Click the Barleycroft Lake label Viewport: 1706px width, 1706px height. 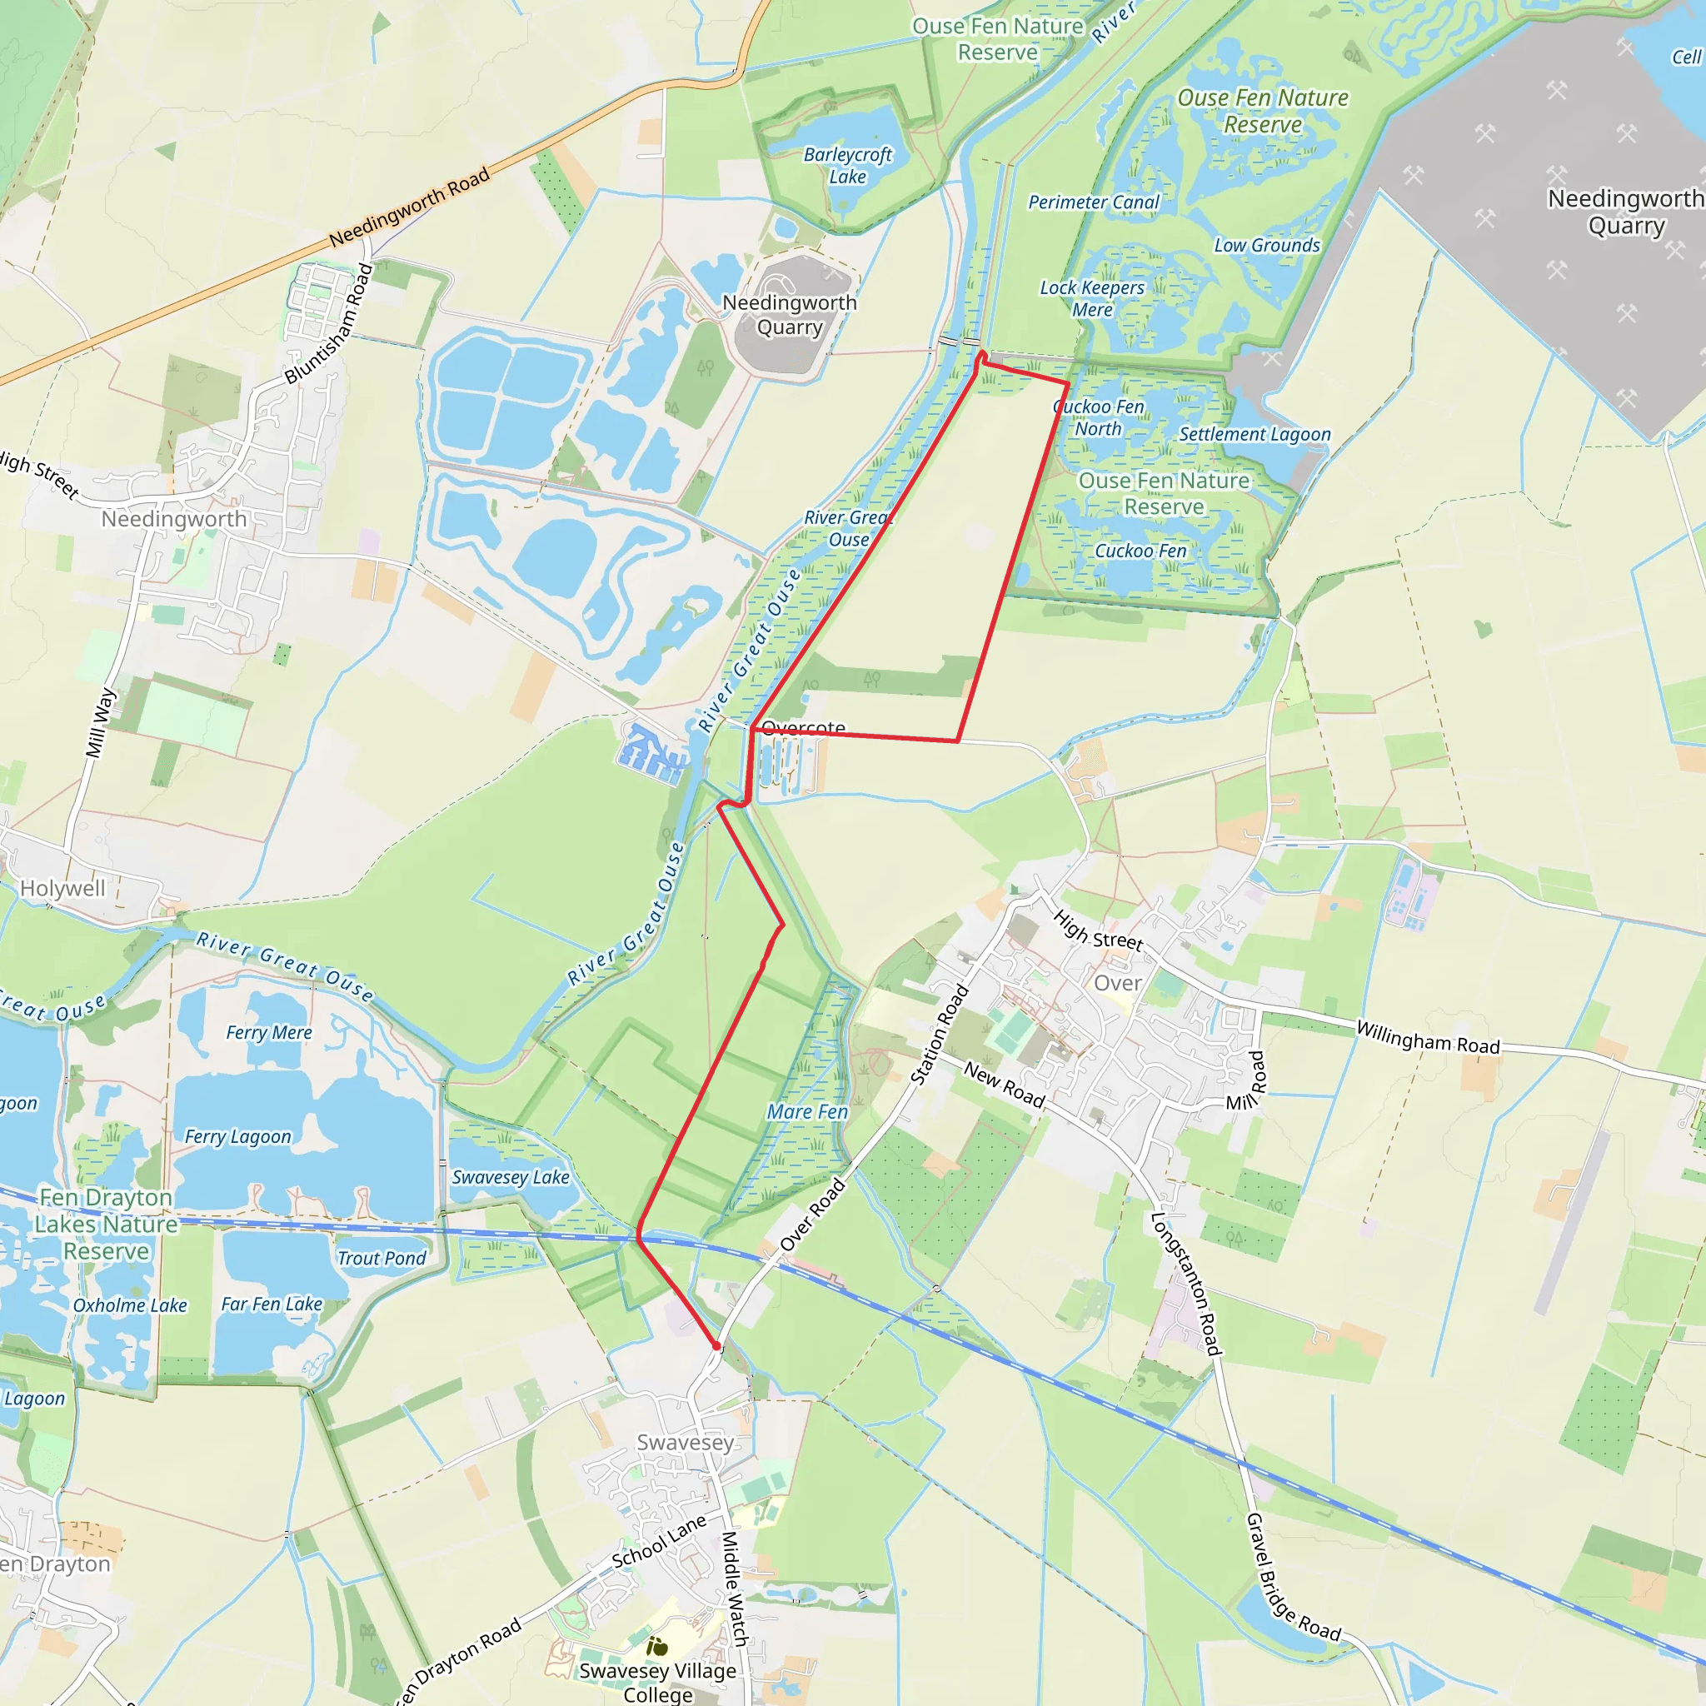tap(847, 165)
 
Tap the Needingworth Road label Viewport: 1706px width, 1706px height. tap(409, 208)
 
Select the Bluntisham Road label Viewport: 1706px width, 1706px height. tap(328, 324)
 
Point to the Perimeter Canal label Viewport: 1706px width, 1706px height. tap(1093, 202)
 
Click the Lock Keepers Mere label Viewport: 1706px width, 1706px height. tap(1091, 298)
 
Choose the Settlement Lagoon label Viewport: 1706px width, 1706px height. tap(1254, 435)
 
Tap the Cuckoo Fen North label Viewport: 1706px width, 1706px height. tap(1099, 417)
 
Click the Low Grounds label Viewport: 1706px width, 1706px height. tap(1266, 246)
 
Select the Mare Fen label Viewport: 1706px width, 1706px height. tap(807, 1112)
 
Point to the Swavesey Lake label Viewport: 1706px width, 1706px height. tap(511, 1177)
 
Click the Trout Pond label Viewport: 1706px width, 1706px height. tap(382, 1259)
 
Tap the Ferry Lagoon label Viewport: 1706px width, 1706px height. tap(237, 1136)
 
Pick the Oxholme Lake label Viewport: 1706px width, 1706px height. tap(130, 1305)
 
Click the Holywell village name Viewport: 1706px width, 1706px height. tap(62, 888)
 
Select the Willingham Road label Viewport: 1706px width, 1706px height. tap(1428, 1038)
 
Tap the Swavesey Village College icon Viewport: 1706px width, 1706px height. tap(657, 1646)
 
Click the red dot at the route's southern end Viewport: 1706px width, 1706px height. tap(717, 1347)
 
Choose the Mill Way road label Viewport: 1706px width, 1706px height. tap(101, 722)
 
